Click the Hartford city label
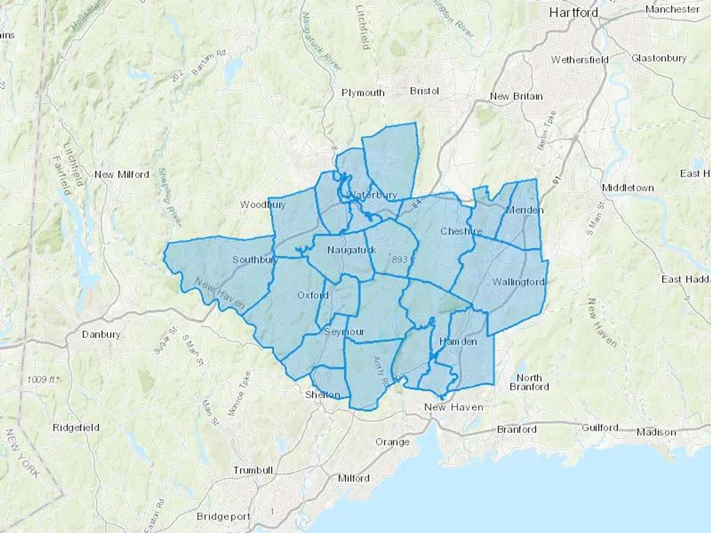(x=574, y=13)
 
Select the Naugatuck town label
(x=352, y=250)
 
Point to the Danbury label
(x=101, y=334)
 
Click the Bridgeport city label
(x=223, y=516)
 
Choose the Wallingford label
(x=518, y=282)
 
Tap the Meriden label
(x=524, y=210)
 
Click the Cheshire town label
(x=461, y=231)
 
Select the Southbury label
(x=255, y=260)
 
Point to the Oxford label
(x=313, y=295)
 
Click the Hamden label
(x=458, y=342)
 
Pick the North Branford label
(x=529, y=382)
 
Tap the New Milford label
(x=122, y=174)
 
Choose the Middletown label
(x=628, y=188)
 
